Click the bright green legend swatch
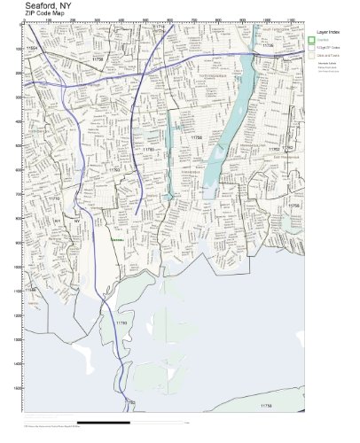pyautogui.click(x=311, y=40)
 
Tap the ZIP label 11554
pyautogui.click(x=34, y=46)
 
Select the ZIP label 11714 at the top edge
pyautogui.click(x=160, y=27)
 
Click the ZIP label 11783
pyautogui.click(x=149, y=150)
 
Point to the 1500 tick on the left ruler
pyautogui.click(x=19, y=387)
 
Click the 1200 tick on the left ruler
pyautogui.click(x=19, y=315)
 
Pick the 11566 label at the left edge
pyautogui.click(x=31, y=290)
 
